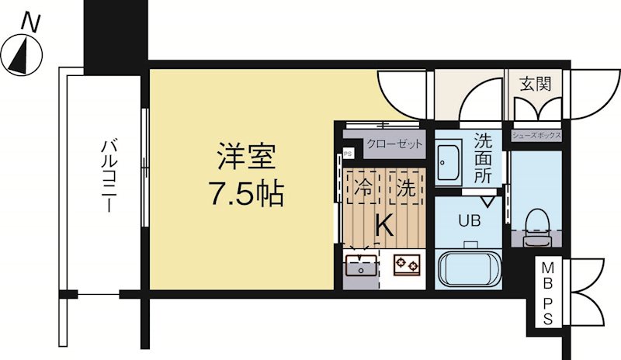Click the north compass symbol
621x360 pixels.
[22, 54]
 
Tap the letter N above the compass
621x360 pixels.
[30, 22]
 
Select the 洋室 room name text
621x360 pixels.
[246, 156]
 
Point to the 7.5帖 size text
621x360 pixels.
[246, 192]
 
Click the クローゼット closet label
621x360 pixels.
[394, 144]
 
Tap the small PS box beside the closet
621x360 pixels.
[348, 154]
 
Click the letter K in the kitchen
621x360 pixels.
[383, 225]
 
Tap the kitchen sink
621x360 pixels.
[361, 265]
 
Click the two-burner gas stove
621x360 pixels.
[407, 265]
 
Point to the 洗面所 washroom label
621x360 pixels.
[483, 158]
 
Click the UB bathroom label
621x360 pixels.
[470, 220]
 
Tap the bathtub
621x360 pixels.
[468, 271]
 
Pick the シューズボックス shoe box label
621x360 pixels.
[536, 136]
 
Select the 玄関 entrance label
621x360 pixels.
[536, 84]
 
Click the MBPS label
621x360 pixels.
[547, 293]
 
